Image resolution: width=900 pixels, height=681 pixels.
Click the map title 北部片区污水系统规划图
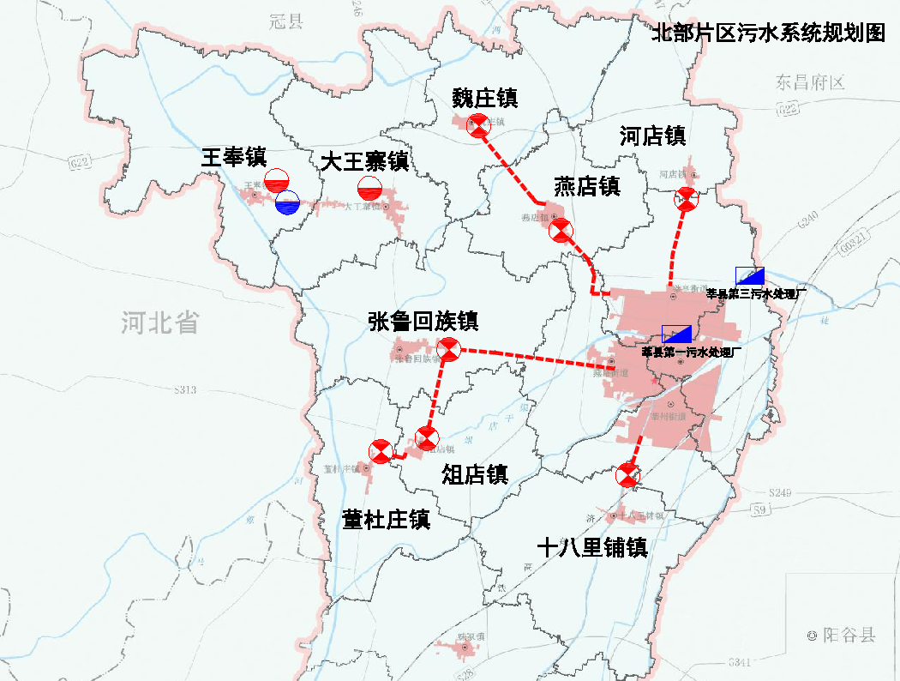[x=767, y=33]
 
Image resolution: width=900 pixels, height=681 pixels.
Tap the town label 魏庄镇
[x=485, y=98]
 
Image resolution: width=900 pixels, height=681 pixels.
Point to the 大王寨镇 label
[x=364, y=161]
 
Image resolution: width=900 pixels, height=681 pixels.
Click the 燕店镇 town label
[x=586, y=185]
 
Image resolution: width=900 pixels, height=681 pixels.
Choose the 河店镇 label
[x=652, y=136]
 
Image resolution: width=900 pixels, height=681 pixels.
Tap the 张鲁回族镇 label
[x=423, y=322]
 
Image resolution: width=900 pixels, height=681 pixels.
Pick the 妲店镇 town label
[x=475, y=474]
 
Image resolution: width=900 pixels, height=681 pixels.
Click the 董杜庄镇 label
[x=386, y=520]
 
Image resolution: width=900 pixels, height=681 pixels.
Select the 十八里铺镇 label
[x=591, y=548]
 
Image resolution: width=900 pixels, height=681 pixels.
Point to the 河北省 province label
[x=159, y=323]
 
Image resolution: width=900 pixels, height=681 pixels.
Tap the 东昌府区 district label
[x=811, y=83]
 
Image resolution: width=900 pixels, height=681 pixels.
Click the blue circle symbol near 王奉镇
[x=287, y=202]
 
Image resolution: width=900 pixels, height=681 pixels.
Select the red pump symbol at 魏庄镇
[x=477, y=124]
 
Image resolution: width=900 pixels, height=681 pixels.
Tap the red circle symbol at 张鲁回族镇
[x=449, y=349]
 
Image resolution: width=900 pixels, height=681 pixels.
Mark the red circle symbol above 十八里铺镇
[x=628, y=475]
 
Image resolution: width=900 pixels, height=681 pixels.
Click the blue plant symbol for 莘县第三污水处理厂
[x=750, y=276]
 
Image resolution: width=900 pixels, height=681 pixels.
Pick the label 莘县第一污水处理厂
[x=691, y=352]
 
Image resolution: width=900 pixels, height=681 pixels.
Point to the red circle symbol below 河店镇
[x=687, y=199]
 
